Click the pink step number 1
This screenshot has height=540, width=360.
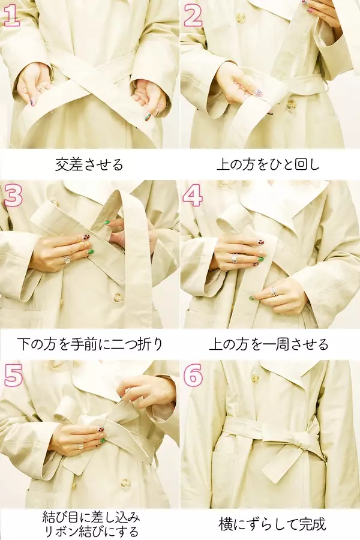click(11, 17)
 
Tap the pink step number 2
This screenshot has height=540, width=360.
click(193, 17)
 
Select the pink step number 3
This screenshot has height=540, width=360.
click(13, 196)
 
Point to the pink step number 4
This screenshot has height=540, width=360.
click(193, 196)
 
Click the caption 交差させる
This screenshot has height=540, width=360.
click(89, 164)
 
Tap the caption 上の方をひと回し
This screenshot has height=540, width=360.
click(268, 164)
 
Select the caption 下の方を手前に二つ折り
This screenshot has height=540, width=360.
click(89, 344)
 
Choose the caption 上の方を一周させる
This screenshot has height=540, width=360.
click(269, 344)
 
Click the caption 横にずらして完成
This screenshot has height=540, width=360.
click(272, 524)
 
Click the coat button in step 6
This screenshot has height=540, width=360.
click(255, 378)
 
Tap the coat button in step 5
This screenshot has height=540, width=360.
click(126, 483)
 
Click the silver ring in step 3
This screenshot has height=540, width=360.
click(67, 259)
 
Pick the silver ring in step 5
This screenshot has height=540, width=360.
click(80, 446)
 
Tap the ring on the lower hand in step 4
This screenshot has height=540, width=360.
click(275, 291)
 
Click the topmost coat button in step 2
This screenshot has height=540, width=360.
click(240, 17)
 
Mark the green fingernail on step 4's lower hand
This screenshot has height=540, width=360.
click(252, 298)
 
